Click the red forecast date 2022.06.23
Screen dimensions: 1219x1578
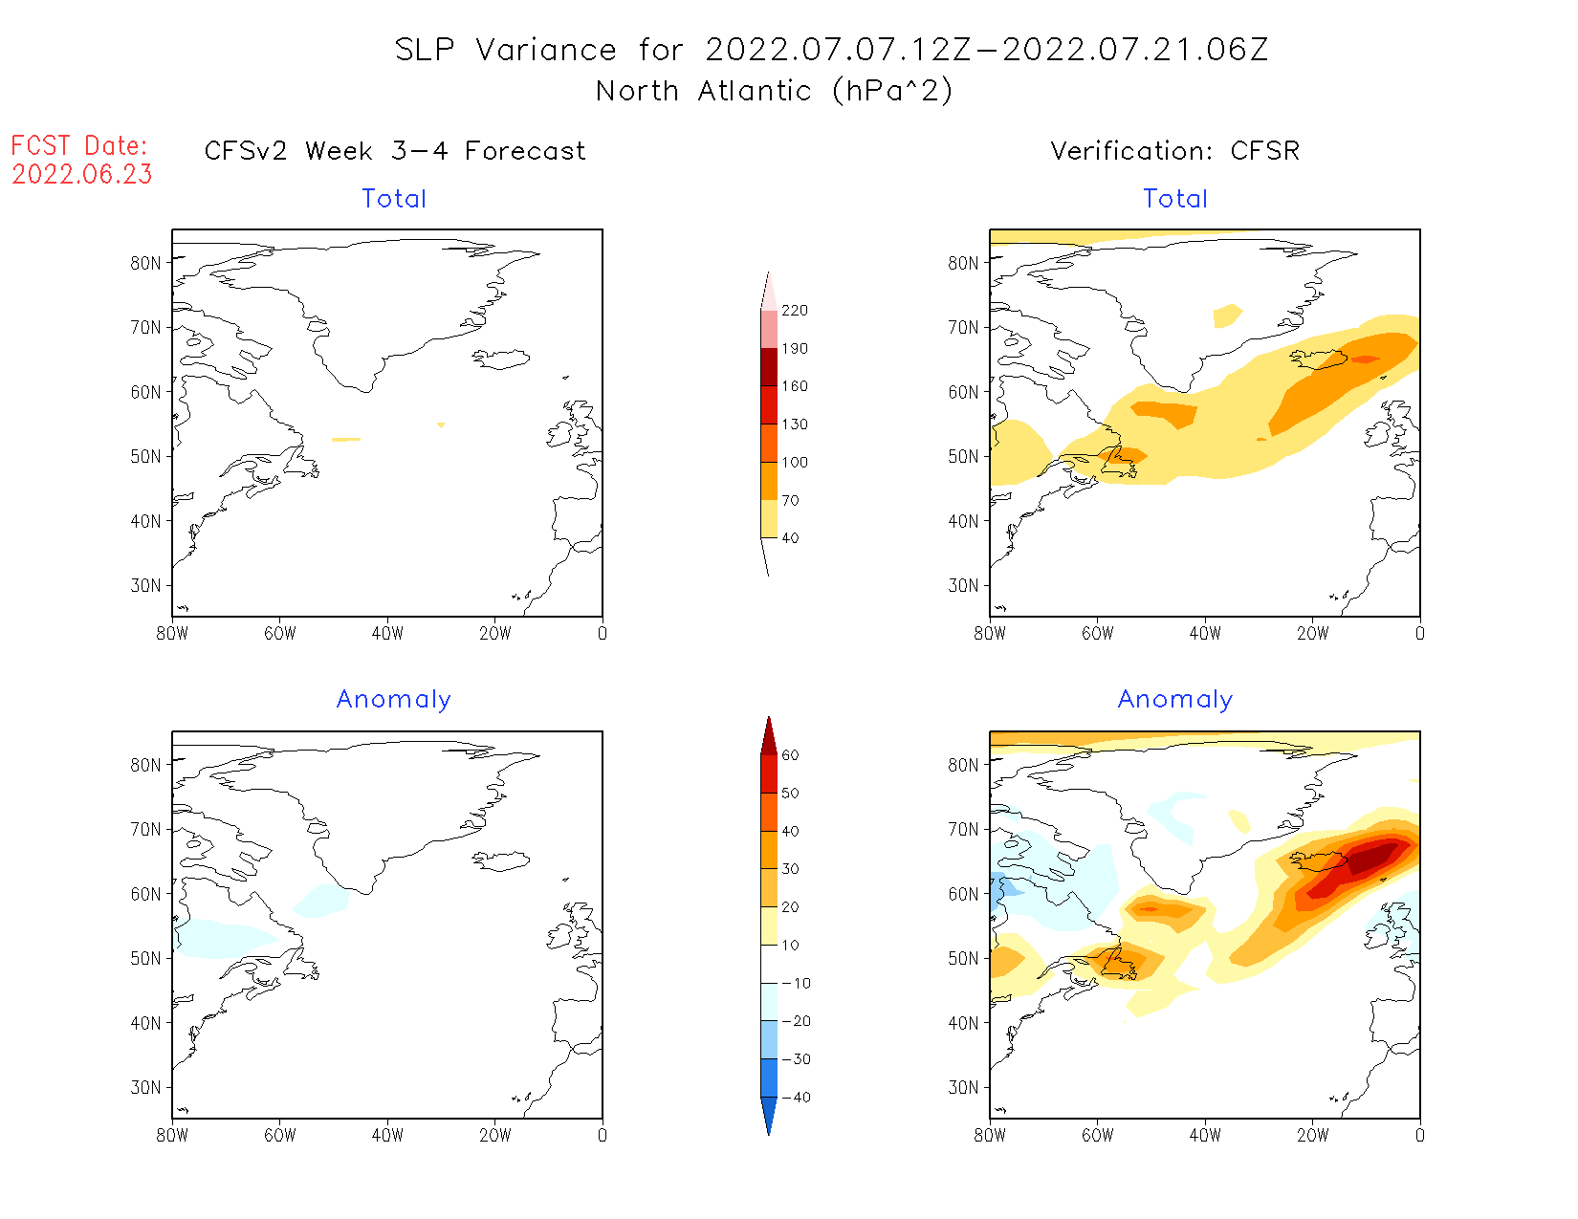click(82, 175)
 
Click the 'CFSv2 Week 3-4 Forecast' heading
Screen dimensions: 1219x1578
click(395, 151)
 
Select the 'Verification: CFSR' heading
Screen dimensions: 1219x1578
click(1174, 151)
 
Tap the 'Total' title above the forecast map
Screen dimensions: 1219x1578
click(394, 199)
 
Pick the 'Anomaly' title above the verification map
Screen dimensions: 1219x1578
click(1174, 700)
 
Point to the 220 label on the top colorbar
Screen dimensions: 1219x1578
click(794, 311)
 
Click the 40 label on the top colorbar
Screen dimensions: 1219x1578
click(790, 538)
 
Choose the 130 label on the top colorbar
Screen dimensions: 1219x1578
click(794, 424)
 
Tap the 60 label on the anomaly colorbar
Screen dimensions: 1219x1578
click(790, 755)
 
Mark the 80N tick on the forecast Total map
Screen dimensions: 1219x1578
click(146, 263)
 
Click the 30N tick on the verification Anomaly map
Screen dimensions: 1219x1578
click(964, 1087)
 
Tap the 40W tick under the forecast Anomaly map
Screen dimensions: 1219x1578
click(387, 1136)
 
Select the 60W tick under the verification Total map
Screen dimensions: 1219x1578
click(1097, 634)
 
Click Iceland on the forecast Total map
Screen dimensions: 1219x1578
click(501, 359)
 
